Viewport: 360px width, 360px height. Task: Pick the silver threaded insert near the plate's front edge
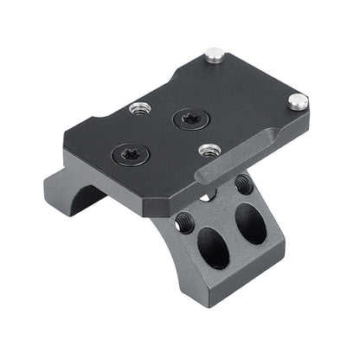coord(207,150)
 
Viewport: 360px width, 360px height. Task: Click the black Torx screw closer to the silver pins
coord(187,119)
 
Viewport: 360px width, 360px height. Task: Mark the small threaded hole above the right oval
coord(242,183)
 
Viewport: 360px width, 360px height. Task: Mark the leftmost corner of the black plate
coord(66,139)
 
